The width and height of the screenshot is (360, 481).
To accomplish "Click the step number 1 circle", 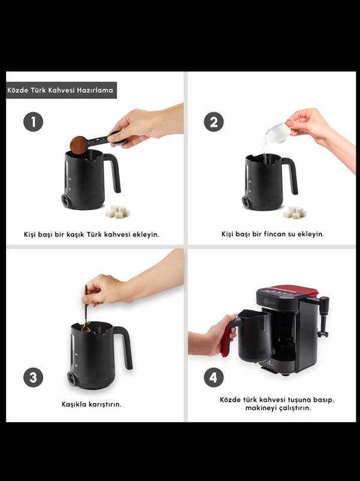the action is pos(33,122).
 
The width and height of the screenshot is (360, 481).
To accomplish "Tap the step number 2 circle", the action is pos(214,122).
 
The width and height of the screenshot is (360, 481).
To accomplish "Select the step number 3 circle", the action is pos(33,377).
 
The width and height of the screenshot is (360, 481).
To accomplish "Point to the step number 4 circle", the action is pos(214,377).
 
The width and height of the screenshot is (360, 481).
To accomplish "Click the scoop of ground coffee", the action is pos(79,145).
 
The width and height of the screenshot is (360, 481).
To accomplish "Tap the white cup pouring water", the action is pos(278,133).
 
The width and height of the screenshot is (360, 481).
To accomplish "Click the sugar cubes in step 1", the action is pos(118,211).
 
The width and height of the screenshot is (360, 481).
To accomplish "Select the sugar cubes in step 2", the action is pos(295,212).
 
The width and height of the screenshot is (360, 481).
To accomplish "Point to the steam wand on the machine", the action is pos(323,316).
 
